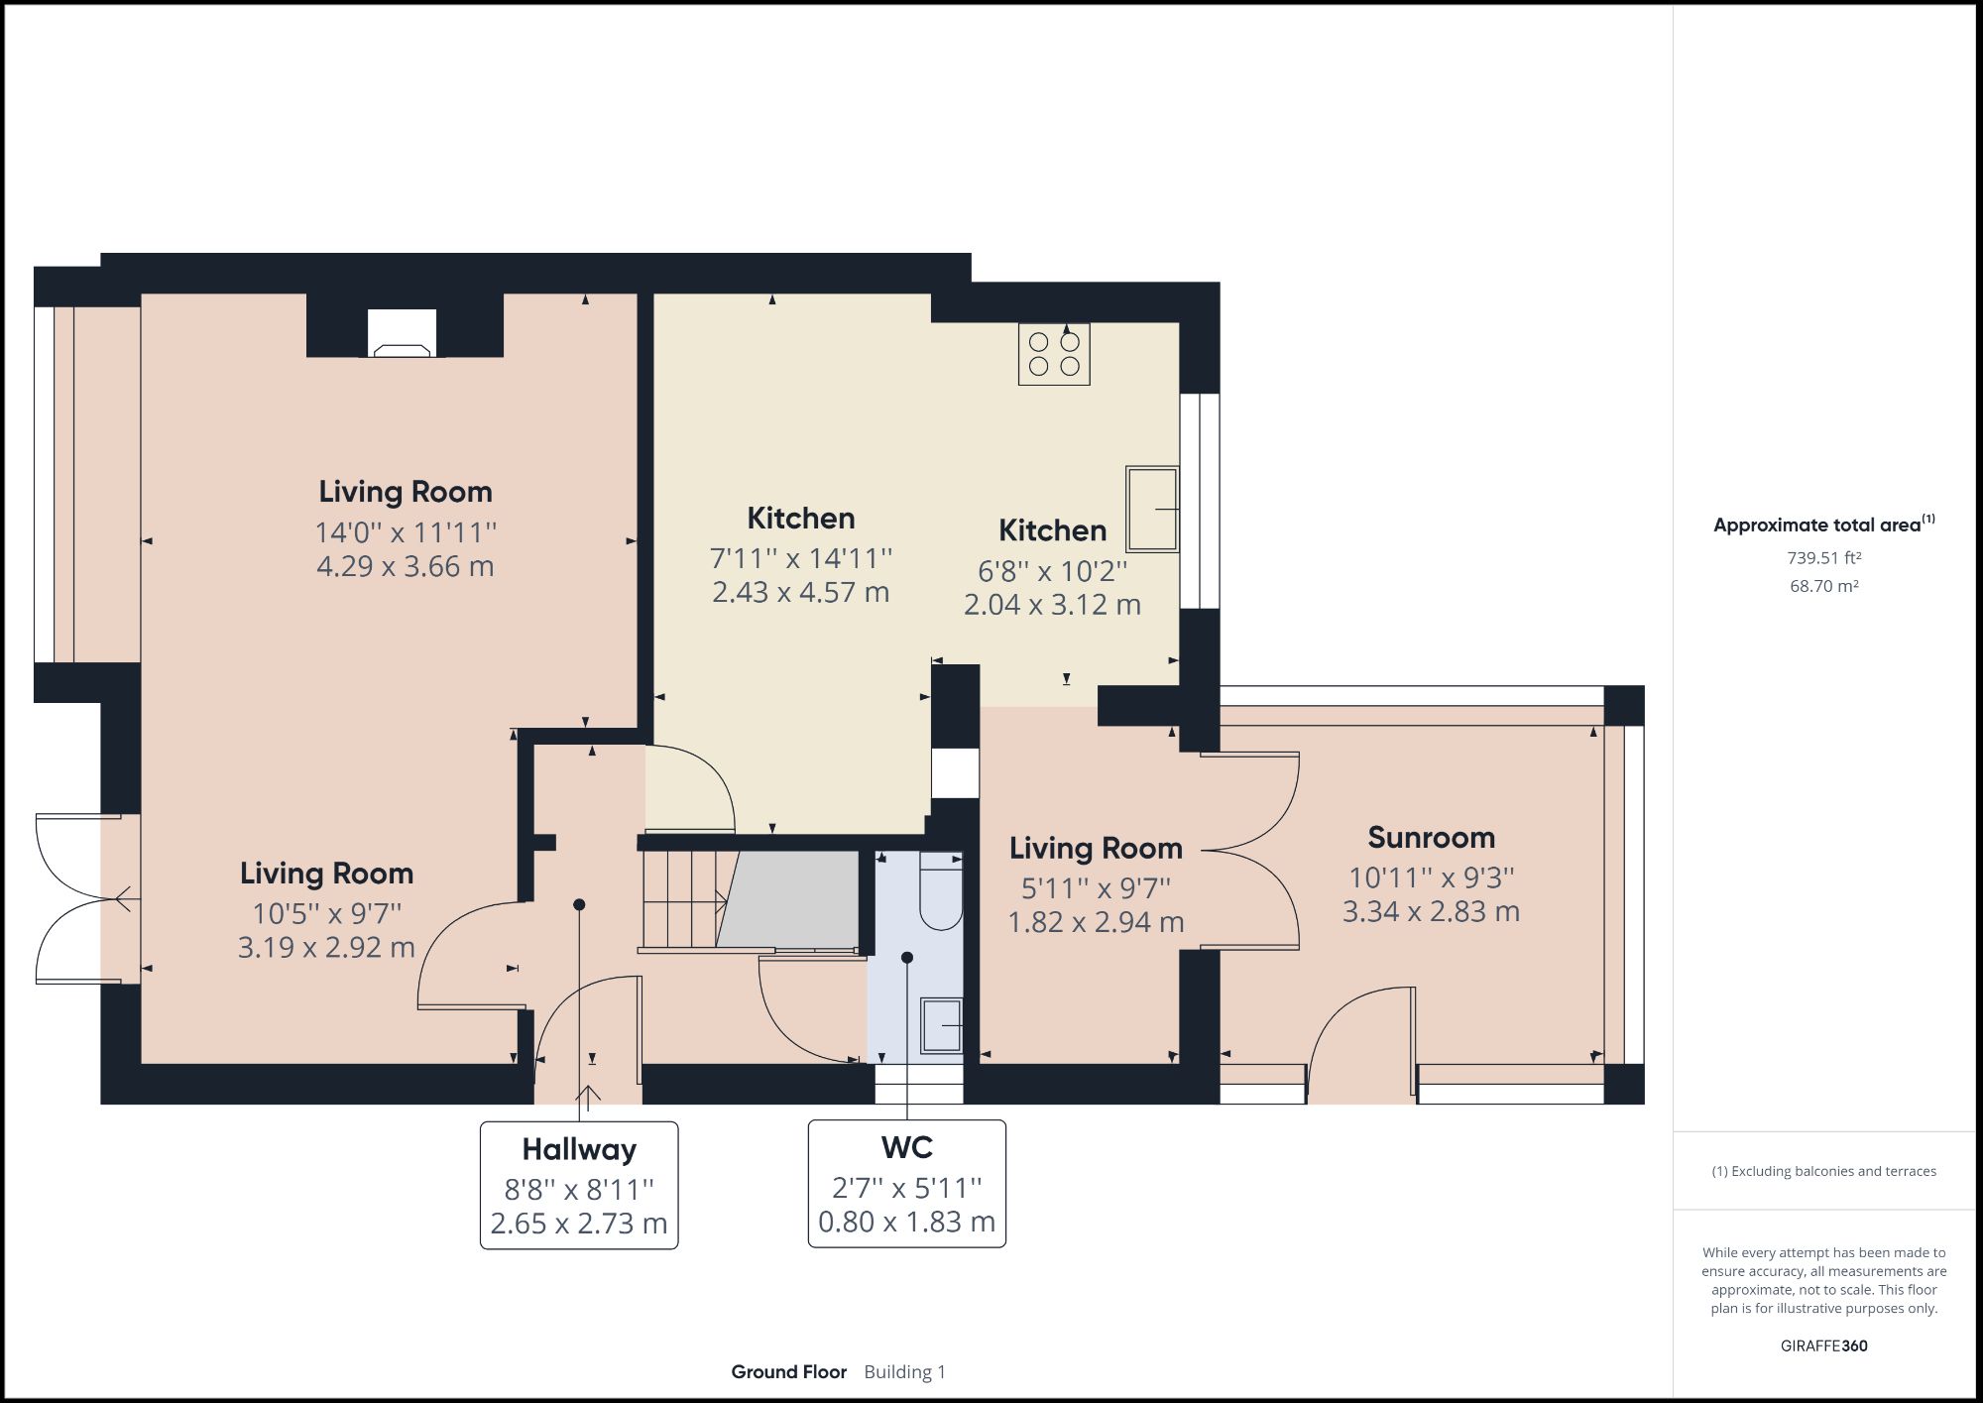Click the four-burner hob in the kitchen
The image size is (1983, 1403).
coord(1054,354)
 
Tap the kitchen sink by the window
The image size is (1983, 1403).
coord(1152,509)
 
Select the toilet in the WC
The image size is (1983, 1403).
coord(941,890)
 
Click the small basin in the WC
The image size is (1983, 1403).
coord(941,1024)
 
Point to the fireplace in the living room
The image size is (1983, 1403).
coord(402,333)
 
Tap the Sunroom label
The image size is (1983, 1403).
coord(1431,838)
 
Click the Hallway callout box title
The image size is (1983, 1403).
coord(579,1150)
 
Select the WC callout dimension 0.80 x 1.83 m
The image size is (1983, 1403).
coord(906,1222)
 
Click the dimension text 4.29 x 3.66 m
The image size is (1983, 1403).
coord(405,566)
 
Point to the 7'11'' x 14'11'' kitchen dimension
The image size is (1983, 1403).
coord(800,558)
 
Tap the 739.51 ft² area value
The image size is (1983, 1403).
coord(1823,558)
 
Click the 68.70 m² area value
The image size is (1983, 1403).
coord(1823,586)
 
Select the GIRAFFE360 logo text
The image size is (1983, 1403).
coord(1823,1345)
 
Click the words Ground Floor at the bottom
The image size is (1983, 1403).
coord(789,1372)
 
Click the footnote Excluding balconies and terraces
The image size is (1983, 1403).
coord(1823,1171)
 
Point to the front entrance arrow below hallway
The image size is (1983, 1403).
coord(588,1096)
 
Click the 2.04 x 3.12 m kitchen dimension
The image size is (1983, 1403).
coord(1052,604)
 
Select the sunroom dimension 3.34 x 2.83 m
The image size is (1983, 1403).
coord(1431,911)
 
